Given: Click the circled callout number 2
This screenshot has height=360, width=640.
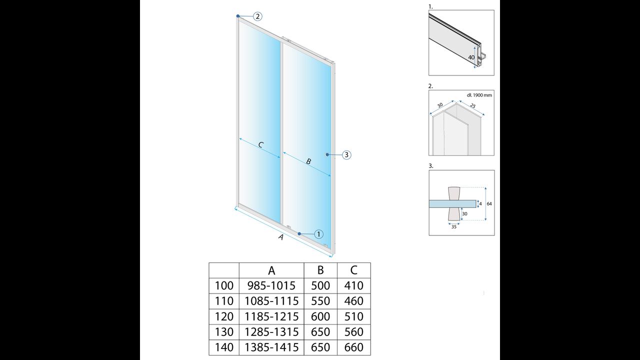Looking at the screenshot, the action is pos(257,16).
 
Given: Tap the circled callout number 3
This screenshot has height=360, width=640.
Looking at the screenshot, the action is pos(346,155).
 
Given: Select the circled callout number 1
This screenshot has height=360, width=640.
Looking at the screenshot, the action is pos(319,234).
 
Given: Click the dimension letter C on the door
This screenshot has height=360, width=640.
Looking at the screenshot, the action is pos(260,145).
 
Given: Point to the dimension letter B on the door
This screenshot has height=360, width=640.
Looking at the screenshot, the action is pos(308,161).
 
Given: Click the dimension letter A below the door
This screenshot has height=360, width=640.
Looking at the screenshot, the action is pos(281,237).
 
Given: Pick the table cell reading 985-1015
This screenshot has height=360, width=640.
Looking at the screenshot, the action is pos(271,285).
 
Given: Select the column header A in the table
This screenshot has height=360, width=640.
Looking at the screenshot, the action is pos(271,270).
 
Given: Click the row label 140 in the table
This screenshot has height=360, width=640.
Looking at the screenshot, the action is pos(224,347).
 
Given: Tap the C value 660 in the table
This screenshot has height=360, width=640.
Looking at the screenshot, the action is pos(353,347).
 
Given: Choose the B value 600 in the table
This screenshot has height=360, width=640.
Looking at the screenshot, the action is pos(320,316).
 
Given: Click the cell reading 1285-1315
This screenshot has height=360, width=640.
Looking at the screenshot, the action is pos(271,331).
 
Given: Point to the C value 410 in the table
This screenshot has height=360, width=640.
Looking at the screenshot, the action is pos(353,285).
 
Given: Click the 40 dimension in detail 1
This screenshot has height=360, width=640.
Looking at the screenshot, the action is pos(471,57).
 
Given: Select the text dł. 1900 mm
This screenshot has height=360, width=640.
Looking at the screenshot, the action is pos(479,95).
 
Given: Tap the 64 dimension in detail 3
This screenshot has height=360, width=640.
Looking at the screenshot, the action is pos(489,203).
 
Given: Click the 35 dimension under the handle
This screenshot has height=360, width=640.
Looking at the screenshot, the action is pos(453,227).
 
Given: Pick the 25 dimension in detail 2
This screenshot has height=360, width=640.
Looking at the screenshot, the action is pos(472,106).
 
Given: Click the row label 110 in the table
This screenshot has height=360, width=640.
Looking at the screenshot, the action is pos(224,301).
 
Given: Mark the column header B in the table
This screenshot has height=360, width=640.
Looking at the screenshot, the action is pos(320,270).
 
